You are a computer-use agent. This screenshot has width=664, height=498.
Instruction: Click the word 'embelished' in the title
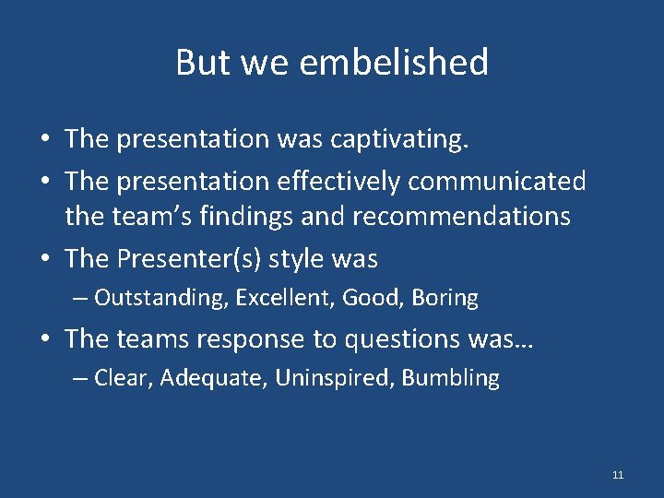pyautogui.click(x=396, y=63)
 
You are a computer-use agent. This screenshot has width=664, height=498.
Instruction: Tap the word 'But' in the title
pyautogui.click(x=199, y=63)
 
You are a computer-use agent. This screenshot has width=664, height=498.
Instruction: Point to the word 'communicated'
pyautogui.click(x=496, y=182)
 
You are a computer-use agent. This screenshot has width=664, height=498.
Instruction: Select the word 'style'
pyautogui.click(x=293, y=259)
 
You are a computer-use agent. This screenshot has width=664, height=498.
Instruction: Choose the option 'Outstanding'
pyautogui.click(x=160, y=298)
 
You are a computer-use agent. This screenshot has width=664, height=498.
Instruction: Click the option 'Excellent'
pyautogui.click(x=286, y=298)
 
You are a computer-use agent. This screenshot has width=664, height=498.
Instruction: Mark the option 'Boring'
pyautogui.click(x=445, y=298)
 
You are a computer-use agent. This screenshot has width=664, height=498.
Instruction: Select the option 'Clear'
pyautogui.click(x=123, y=378)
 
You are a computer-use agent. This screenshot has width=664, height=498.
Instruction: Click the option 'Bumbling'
pyautogui.click(x=451, y=378)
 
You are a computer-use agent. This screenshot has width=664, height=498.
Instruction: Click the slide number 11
pyautogui.click(x=618, y=475)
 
